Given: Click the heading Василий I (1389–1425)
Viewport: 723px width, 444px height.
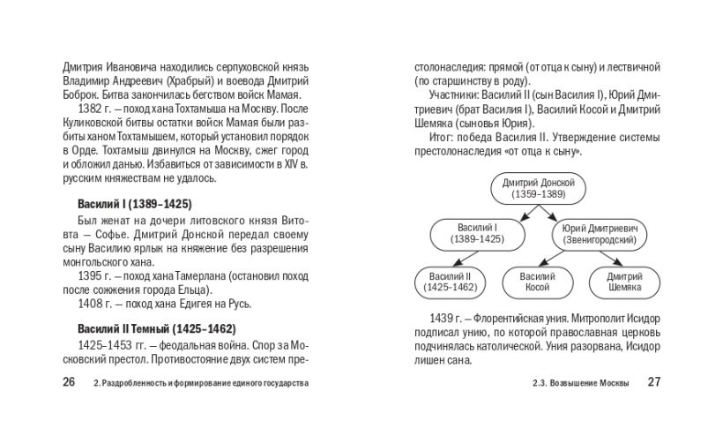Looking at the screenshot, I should pos(134,203).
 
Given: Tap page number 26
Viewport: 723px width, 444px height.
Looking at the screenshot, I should pos(70,382).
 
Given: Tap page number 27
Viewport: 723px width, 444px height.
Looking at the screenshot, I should pos(653,382).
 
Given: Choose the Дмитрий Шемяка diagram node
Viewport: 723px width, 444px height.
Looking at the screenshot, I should pos(624,282).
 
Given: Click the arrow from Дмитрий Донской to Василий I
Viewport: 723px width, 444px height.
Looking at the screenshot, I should pos(512,211).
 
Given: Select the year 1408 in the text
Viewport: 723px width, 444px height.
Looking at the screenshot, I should pos(92,305).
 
